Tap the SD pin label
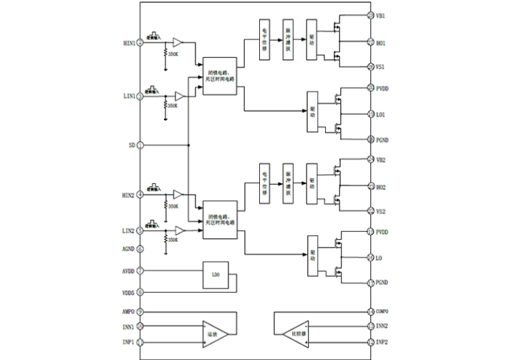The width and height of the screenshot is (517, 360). [x=131, y=145]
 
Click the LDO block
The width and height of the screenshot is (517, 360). [x=214, y=274]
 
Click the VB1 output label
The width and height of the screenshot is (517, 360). [x=381, y=15]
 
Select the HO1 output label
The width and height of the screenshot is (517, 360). [x=381, y=43]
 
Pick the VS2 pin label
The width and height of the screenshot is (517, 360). [x=381, y=211]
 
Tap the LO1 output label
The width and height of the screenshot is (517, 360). [x=381, y=114]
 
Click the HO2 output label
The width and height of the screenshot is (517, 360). [x=381, y=187]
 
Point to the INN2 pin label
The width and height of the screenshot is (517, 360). [x=382, y=326]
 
